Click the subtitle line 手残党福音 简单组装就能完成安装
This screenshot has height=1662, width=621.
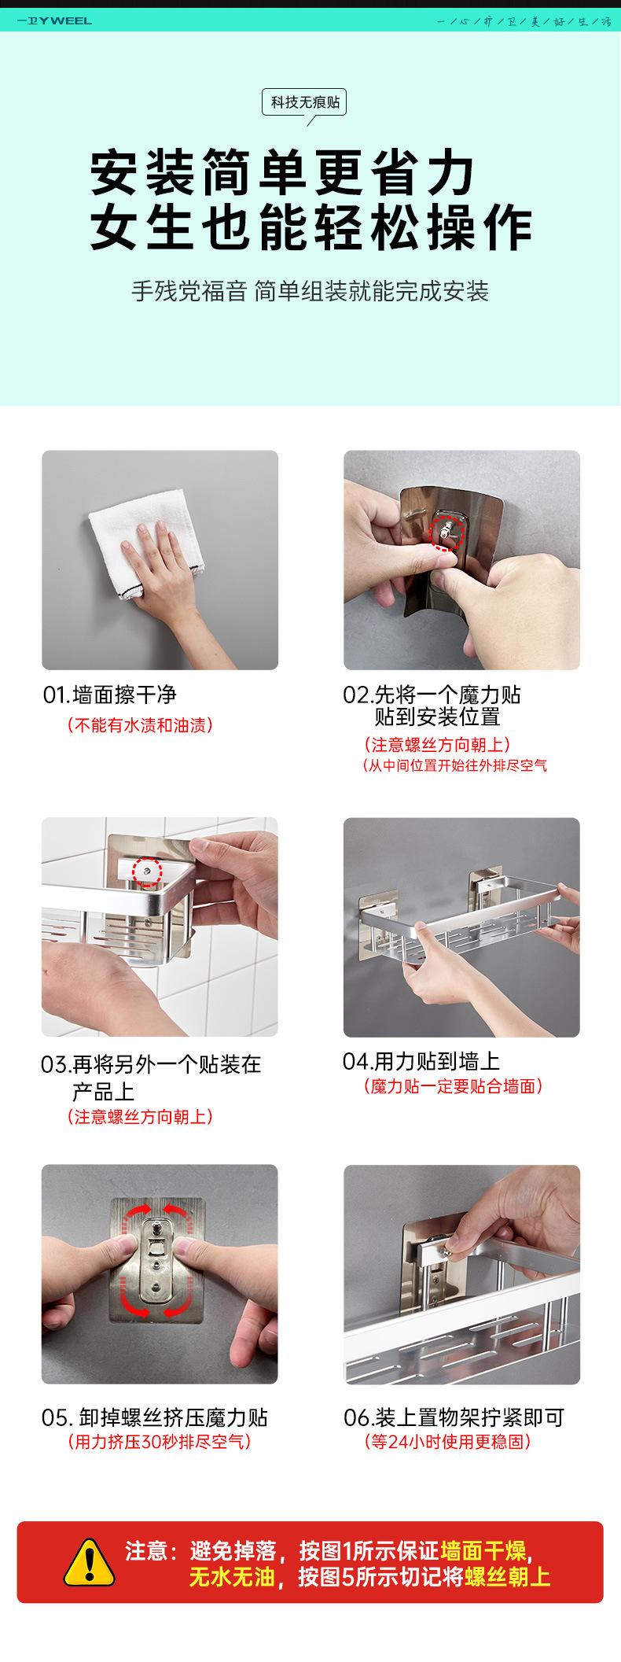(x=310, y=292)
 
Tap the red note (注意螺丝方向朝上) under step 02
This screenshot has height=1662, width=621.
(x=437, y=744)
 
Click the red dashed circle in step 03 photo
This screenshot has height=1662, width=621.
(x=145, y=871)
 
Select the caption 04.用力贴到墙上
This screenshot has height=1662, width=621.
(x=421, y=1061)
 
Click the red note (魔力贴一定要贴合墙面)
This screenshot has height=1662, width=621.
(x=454, y=1086)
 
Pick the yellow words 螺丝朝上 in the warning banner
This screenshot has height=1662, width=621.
(x=508, y=1577)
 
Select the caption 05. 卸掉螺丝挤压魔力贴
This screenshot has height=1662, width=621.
(x=155, y=1417)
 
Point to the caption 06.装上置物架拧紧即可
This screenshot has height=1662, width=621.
(x=454, y=1418)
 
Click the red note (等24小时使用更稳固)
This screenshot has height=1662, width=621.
(x=448, y=1442)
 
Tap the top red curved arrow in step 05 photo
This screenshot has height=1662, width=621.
(x=160, y=1211)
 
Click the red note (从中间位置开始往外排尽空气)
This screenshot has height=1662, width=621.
(x=454, y=765)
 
